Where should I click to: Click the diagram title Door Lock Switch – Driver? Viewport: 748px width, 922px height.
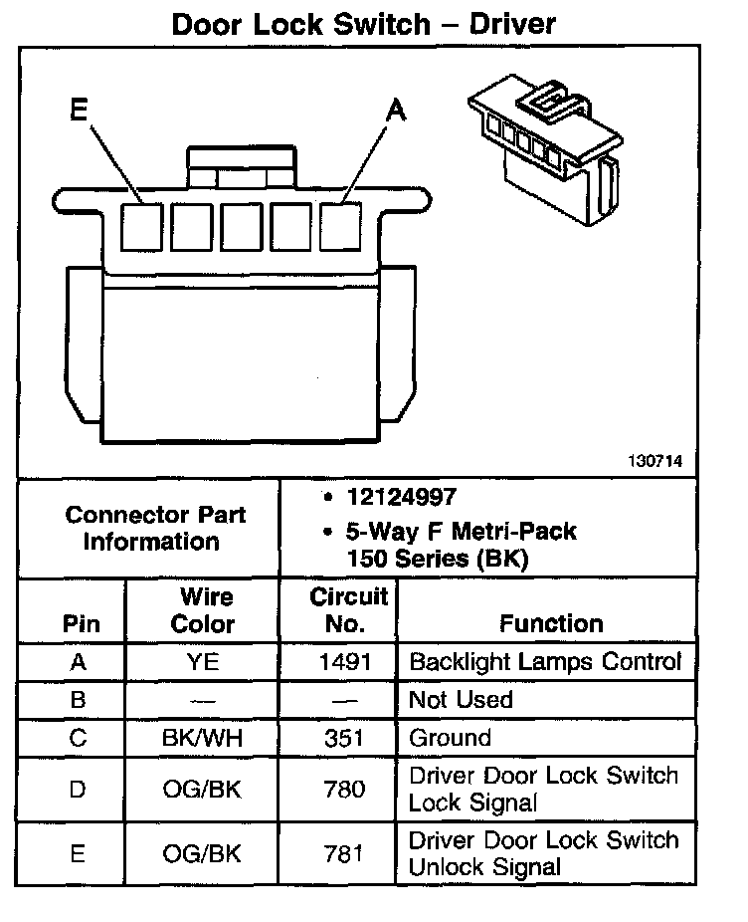364,24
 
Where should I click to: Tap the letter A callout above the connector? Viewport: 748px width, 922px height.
396,112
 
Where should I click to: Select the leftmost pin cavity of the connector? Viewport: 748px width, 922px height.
142,225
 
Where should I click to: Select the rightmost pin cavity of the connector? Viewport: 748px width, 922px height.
341,225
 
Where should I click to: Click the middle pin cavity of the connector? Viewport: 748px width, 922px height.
242,225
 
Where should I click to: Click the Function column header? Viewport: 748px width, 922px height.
550,623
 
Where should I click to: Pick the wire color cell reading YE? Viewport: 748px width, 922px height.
203,662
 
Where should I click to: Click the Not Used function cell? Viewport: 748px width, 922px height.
461,700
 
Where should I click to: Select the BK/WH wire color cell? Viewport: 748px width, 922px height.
203,738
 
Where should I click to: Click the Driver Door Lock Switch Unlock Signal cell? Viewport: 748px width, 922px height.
543,853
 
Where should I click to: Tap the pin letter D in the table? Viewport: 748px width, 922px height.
79,790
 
